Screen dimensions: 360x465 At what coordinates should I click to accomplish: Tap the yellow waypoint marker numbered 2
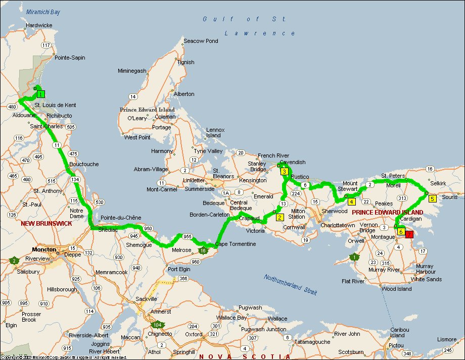pyautogui.click(x=279, y=217)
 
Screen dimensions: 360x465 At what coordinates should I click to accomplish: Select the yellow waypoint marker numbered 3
pyautogui.click(x=285, y=172)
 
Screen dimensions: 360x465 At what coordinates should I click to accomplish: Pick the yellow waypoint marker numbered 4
pyautogui.click(x=351, y=201)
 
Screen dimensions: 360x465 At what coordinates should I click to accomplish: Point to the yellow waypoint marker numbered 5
pyautogui.click(x=432, y=198)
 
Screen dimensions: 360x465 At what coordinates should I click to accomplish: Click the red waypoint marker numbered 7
pyautogui.click(x=409, y=234)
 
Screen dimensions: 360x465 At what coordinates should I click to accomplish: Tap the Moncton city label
pyautogui.click(x=44, y=249)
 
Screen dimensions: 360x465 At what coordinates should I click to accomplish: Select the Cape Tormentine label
pyautogui.click(x=236, y=244)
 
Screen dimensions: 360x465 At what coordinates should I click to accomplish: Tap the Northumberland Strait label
pyautogui.click(x=290, y=285)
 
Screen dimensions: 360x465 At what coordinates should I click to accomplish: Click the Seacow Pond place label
pyautogui.click(x=201, y=41)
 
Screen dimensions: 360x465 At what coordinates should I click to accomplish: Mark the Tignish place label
pyautogui.click(x=185, y=62)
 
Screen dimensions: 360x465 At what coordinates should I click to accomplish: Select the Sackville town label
pyautogui.click(x=147, y=299)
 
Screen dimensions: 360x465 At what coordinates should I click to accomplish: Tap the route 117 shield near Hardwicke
pyautogui.click(x=47, y=45)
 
